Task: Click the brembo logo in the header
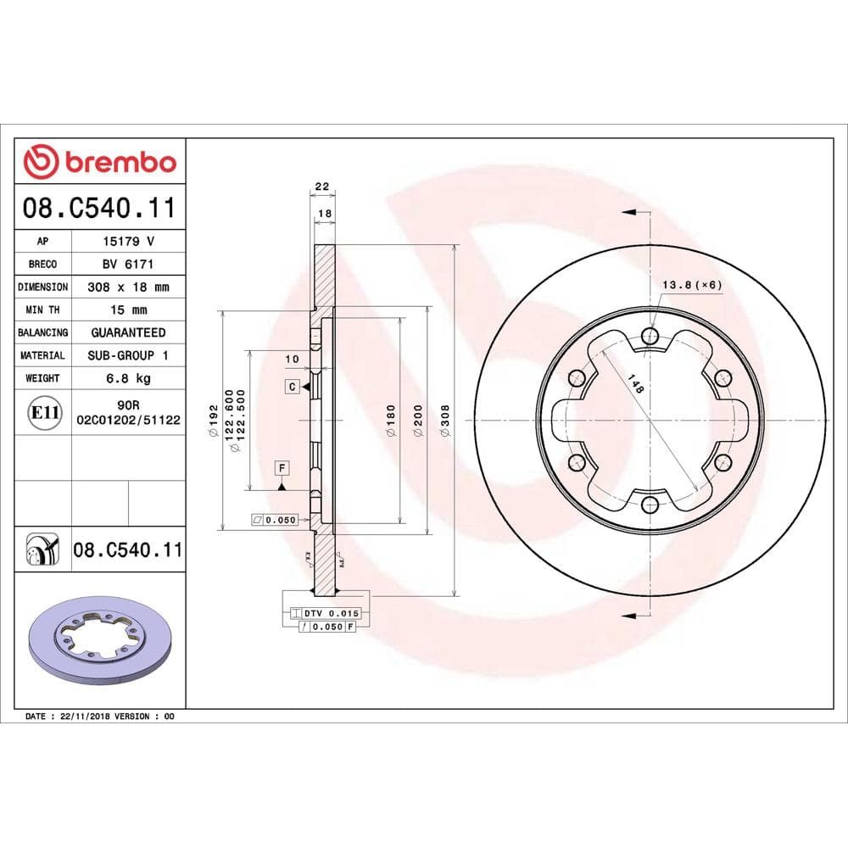[100, 161]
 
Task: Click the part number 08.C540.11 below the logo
[100, 208]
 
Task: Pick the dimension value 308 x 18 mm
[128, 287]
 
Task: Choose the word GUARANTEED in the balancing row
[128, 333]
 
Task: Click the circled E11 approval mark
[44, 413]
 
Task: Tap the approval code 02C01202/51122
[128, 419]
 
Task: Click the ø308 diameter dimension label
[445, 421]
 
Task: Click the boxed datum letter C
[292, 387]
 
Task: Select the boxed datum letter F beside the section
[281, 467]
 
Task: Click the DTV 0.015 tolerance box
[321, 612]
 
